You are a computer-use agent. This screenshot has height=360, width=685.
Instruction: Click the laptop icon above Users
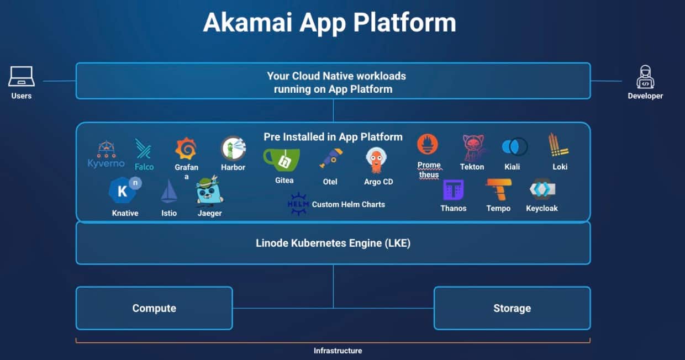(22, 77)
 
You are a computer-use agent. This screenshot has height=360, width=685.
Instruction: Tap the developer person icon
(645, 77)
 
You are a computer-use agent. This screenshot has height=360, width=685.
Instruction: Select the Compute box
(154, 308)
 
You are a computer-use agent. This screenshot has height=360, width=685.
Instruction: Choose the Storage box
(512, 308)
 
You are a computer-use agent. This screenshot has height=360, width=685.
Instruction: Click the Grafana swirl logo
(186, 149)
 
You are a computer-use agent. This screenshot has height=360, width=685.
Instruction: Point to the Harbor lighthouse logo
(233, 149)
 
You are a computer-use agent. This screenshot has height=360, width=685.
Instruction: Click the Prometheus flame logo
(428, 145)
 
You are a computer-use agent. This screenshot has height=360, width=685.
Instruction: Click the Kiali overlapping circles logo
(514, 147)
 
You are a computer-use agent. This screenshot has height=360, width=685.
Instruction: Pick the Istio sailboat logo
(168, 192)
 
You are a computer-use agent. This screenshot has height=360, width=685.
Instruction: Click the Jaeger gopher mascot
(209, 191)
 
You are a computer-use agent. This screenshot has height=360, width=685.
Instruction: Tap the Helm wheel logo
(298, 204)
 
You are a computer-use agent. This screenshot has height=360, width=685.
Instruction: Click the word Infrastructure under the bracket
(338, 351)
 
